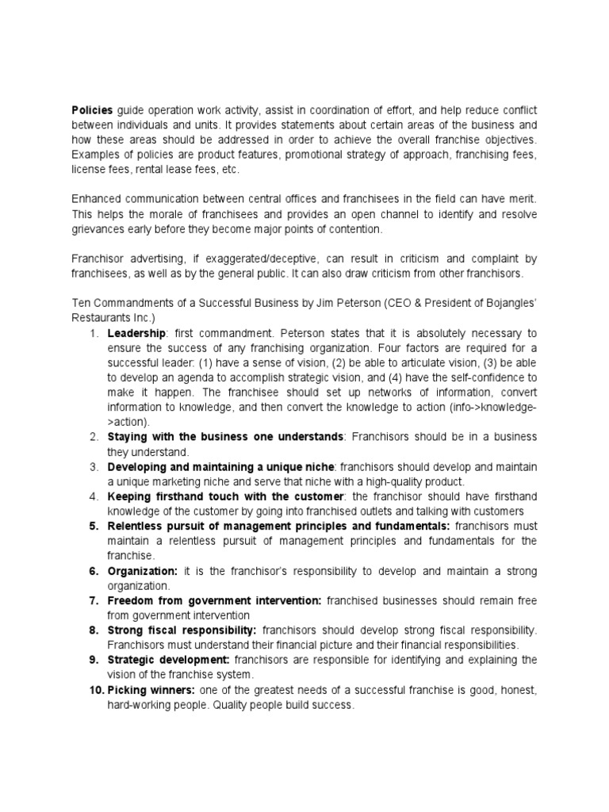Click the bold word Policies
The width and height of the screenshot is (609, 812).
point(93,110)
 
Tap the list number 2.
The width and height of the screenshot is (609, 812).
point(93,437)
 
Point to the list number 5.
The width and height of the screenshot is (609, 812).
point(93,526)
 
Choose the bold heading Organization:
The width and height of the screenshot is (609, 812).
point(144,571)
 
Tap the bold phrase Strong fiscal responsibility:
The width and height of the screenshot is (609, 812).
point(170,630)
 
